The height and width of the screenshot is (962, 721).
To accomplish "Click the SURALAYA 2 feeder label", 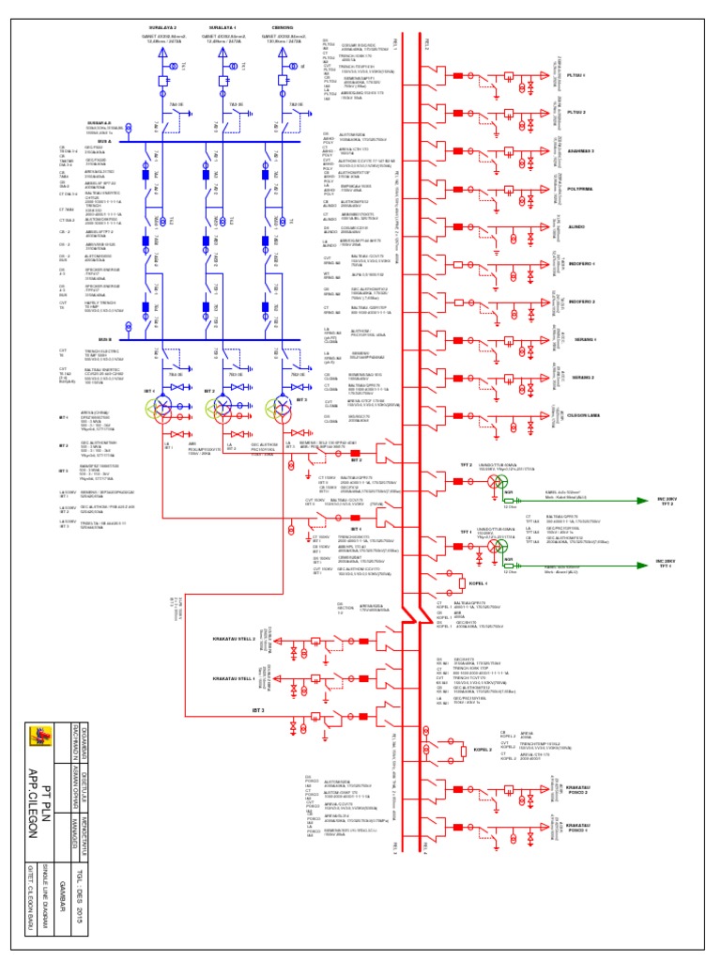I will pyautogui.click(x=163, y=29).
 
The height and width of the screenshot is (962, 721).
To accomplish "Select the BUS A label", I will pyautogui.click(x=105, y=142).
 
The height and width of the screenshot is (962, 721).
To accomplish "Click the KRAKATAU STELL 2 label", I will pyautogui.click(x=235, y=639).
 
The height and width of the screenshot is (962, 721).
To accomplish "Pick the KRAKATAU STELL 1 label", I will pyautogui.click(x=235, y=677).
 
